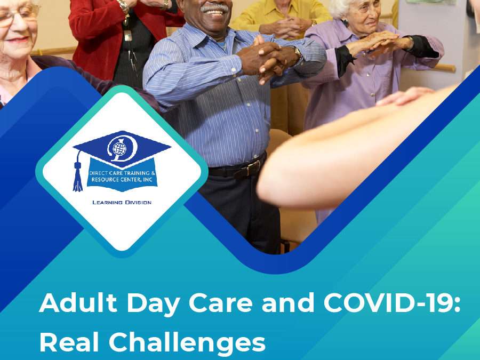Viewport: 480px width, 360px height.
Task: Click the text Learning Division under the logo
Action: coord(122,203)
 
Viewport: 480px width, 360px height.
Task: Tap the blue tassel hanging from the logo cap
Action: coord(78,176)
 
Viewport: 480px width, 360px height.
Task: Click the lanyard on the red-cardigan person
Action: coord(128,32)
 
